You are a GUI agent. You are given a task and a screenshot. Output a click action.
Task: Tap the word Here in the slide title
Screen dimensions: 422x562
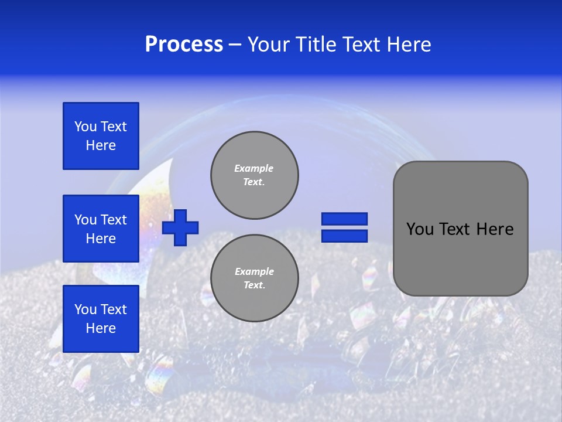pyautogui.click(x=408, y=45)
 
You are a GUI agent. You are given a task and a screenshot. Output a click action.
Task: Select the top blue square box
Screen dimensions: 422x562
pyautogui.click(x=101, y=136)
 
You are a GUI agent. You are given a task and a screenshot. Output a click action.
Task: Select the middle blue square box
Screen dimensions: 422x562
pyautogui.click(x=101, y=229)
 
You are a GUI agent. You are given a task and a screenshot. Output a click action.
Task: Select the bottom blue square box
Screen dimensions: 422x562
pyautogui.click(x=101, y=319)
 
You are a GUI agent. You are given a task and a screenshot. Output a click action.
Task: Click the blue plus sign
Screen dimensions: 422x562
pyautogui.click(x=180, y=227)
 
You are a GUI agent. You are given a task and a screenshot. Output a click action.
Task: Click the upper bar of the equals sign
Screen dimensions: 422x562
pyautogui.click(x=344, y=219)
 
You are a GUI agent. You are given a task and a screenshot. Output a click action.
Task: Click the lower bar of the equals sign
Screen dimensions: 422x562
pyautogui.click(x=344, y=236)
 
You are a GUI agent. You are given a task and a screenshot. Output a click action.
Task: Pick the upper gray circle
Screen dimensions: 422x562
pyautogui.click(x=255, y=175)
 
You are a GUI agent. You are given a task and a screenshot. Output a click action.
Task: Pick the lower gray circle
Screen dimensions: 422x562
pyautogui.click(x=255, y=278)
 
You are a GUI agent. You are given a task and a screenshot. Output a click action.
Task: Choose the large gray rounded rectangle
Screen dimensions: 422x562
pyautogui.click(x=461, y=228)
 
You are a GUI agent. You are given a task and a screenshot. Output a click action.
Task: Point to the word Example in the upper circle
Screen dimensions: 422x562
pyautogui.click(x=254, y=168)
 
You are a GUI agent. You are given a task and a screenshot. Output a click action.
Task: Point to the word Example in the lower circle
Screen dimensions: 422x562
pyautogui.click(x=254, y=271)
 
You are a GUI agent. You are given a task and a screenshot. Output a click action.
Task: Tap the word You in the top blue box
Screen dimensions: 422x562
pyautogui.click(x=85, y=127)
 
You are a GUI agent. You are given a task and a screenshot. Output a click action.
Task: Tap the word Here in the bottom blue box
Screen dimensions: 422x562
pyautogui.click(x=101, y=328)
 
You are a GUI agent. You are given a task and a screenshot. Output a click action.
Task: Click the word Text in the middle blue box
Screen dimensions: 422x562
pyautogui.click(x=114, y=220)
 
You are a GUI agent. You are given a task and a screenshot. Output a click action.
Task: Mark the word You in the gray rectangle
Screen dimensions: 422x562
pyautogui.click(x=420, y=229)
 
